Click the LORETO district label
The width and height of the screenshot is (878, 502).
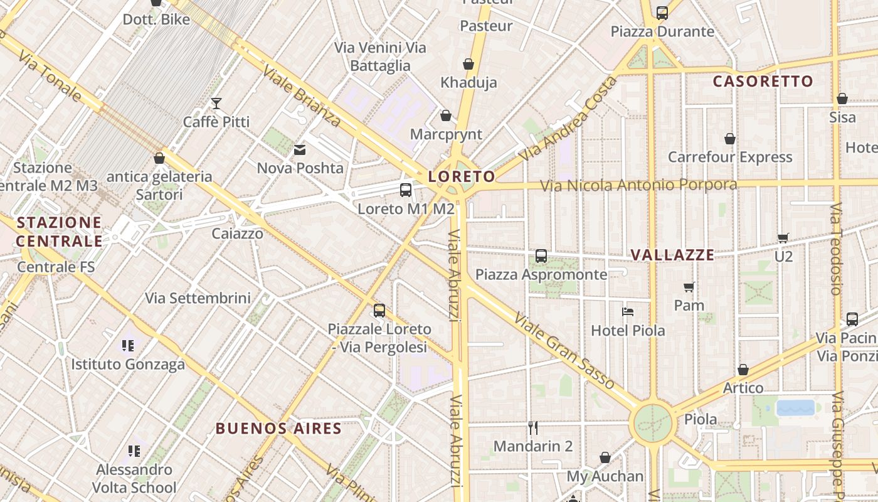pyautogui.click(x=462, y=177)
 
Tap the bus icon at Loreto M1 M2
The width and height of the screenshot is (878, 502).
pyautogui.click(x=406, y=190)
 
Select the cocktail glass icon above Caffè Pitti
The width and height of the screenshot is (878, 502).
pyautogui.click(x=216, y=104)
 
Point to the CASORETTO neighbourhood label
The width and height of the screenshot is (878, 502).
pyautogui.click(x=763, y=81)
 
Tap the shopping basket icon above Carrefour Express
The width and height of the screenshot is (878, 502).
pyautogui.click(x=730, y=139)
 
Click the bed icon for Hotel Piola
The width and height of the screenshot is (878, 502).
pyautogui.click(x=628, y=311)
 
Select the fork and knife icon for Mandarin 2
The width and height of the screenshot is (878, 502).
pyautogui.click(x=533, y=428)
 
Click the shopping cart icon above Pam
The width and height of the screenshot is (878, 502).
pyautogui.click(x=689, y=287)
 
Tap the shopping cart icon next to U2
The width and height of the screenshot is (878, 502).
pyautogui.click(x=783, y=238)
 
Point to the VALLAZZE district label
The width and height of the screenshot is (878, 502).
pyautogui.click(x=672, y=255)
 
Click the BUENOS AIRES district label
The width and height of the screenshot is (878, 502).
pyautogui.click(x=278, y=429)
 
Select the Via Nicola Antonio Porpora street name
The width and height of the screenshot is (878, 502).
pyautogui.click(x=638, y=185)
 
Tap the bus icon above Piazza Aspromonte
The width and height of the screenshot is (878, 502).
pyautogui.click(x=541, y=256)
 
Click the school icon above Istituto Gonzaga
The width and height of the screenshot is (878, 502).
pyautogui.click(x=128, y=345)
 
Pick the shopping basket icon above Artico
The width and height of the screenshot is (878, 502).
pyautogui.click(x=743, y=370)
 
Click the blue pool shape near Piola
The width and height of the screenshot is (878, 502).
pyautogui.click(x=795, y=408)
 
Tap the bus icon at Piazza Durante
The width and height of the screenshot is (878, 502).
pyautogui.click(x=662, y=13)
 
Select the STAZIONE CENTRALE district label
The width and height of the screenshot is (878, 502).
pyautogui.click(x=59, y=232)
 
